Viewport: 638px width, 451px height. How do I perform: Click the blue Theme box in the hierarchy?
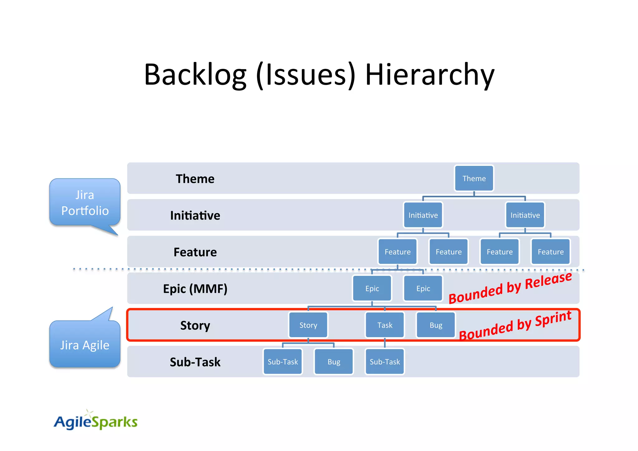[474, 178]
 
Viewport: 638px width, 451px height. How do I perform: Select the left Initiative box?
[423, 215]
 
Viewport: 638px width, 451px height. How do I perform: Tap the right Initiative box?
[525, 215]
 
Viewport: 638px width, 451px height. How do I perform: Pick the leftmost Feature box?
[397, 252]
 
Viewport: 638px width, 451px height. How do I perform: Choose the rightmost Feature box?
[550, 252]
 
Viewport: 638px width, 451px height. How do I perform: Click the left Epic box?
[372, 288]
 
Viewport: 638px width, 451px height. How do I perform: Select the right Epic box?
[423, 288]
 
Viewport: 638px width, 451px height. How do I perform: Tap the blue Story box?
[308, 325]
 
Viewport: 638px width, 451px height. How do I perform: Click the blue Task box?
[385, 325]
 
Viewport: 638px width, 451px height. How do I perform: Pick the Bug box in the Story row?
[436, 325]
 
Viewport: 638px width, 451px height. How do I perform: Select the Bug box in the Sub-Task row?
[334, 362]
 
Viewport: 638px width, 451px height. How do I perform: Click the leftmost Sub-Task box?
[283, 362]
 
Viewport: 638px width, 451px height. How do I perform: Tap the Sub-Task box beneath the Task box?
[385, 362]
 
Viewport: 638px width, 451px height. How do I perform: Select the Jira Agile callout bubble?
[85, 345]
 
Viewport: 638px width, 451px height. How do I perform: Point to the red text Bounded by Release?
[510, 288]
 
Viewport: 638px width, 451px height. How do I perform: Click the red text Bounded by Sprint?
[515, 325]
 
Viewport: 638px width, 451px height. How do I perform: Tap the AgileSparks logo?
[95, 421]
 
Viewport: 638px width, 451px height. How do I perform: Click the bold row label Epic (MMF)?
[195, 289]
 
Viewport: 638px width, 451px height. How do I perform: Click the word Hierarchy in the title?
[429, 75]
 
